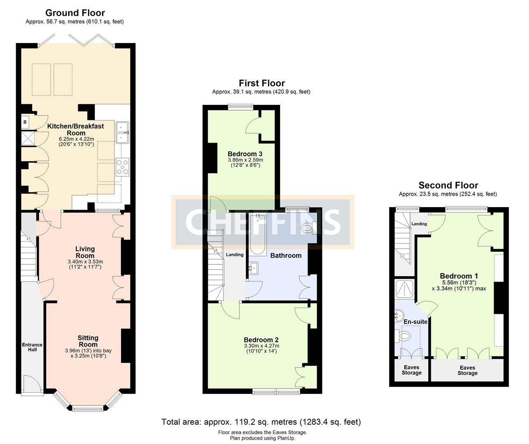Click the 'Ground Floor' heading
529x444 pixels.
(x=75, y=13)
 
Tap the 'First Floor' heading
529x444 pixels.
(x=262, y=83)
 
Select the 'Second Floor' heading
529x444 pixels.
(x=448, y=185)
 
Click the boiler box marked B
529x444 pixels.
(x=25, y=122)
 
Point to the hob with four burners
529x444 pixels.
(x=123, y=167)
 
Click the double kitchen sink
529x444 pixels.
(x=122, y=132)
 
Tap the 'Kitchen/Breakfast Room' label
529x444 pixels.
(x=76, y=129)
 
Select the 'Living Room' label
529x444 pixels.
(x=85, y=252)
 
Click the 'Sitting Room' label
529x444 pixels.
(x=88, y=341)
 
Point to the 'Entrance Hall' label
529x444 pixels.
(x=32, y=347)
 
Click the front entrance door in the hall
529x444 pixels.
(x=32, y=385)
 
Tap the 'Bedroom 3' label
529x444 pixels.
(x=245, y=154)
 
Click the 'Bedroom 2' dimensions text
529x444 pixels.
(x=261, y=349)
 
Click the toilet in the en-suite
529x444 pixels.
(x=404, y=336)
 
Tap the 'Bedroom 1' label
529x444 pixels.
(x=459, y=276)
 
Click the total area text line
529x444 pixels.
(x=261, y=422)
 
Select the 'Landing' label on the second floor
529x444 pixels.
(x=419, y=224)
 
